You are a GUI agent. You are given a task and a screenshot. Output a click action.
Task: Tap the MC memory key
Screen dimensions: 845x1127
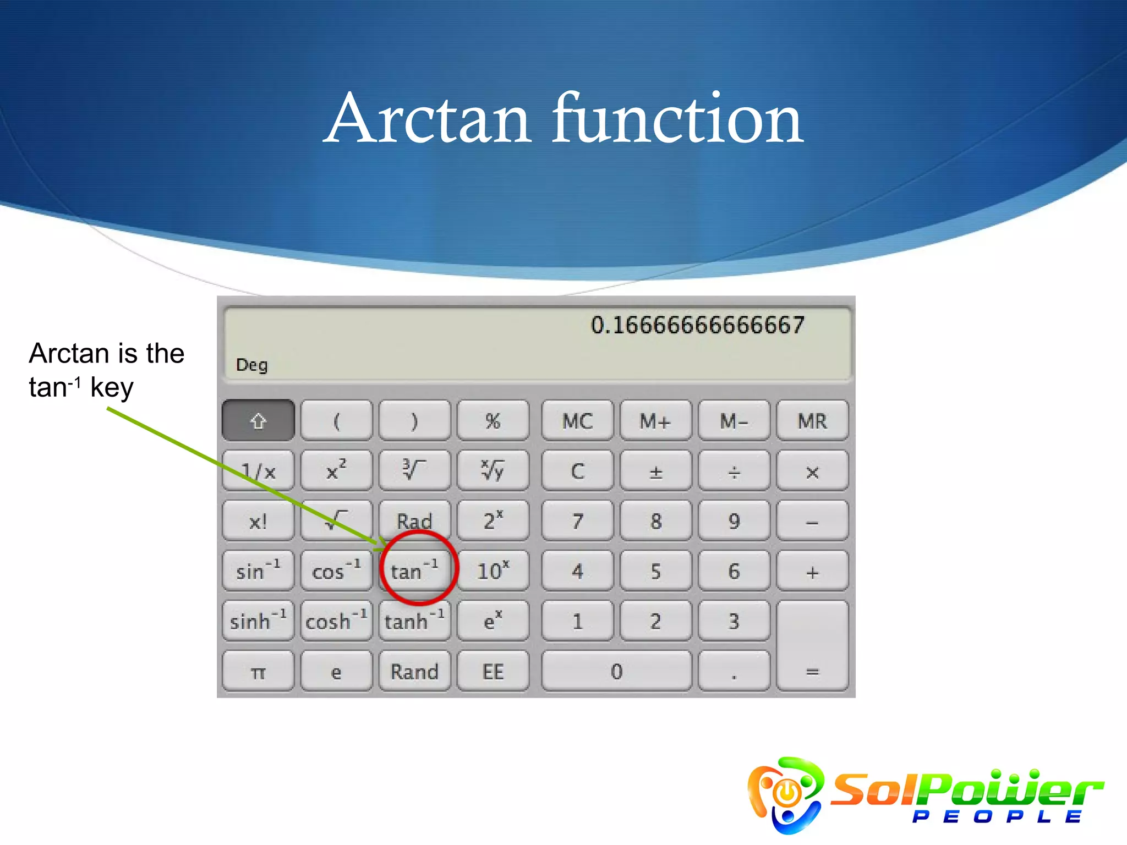point(577,421)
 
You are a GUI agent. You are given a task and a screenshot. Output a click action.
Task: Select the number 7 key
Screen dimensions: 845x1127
point(577,521)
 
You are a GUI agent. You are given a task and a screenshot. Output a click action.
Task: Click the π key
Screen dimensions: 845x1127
point(258,671)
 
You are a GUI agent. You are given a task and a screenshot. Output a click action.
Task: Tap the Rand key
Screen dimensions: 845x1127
point(414,671)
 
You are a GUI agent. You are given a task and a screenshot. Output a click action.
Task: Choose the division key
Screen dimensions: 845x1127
point(734,471)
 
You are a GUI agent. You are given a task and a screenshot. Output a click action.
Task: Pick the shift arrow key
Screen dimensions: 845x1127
point(258,421)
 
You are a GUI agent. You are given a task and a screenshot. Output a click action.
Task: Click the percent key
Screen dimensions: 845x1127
point(493,421)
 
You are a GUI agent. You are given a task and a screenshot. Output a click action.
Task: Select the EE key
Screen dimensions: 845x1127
point(493,671)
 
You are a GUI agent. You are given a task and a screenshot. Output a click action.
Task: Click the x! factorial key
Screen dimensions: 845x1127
point(258,521)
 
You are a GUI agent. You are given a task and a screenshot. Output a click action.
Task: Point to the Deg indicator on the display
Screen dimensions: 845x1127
point(251,365)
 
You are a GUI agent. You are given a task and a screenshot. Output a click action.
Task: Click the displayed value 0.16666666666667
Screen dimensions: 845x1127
point(697,325)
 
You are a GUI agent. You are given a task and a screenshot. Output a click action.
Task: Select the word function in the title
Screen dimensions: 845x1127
point(678,119)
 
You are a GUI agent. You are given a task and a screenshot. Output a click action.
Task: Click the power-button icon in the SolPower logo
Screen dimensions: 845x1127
point(787,792)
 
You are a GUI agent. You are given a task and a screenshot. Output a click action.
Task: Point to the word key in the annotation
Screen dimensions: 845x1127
point(112,388)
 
